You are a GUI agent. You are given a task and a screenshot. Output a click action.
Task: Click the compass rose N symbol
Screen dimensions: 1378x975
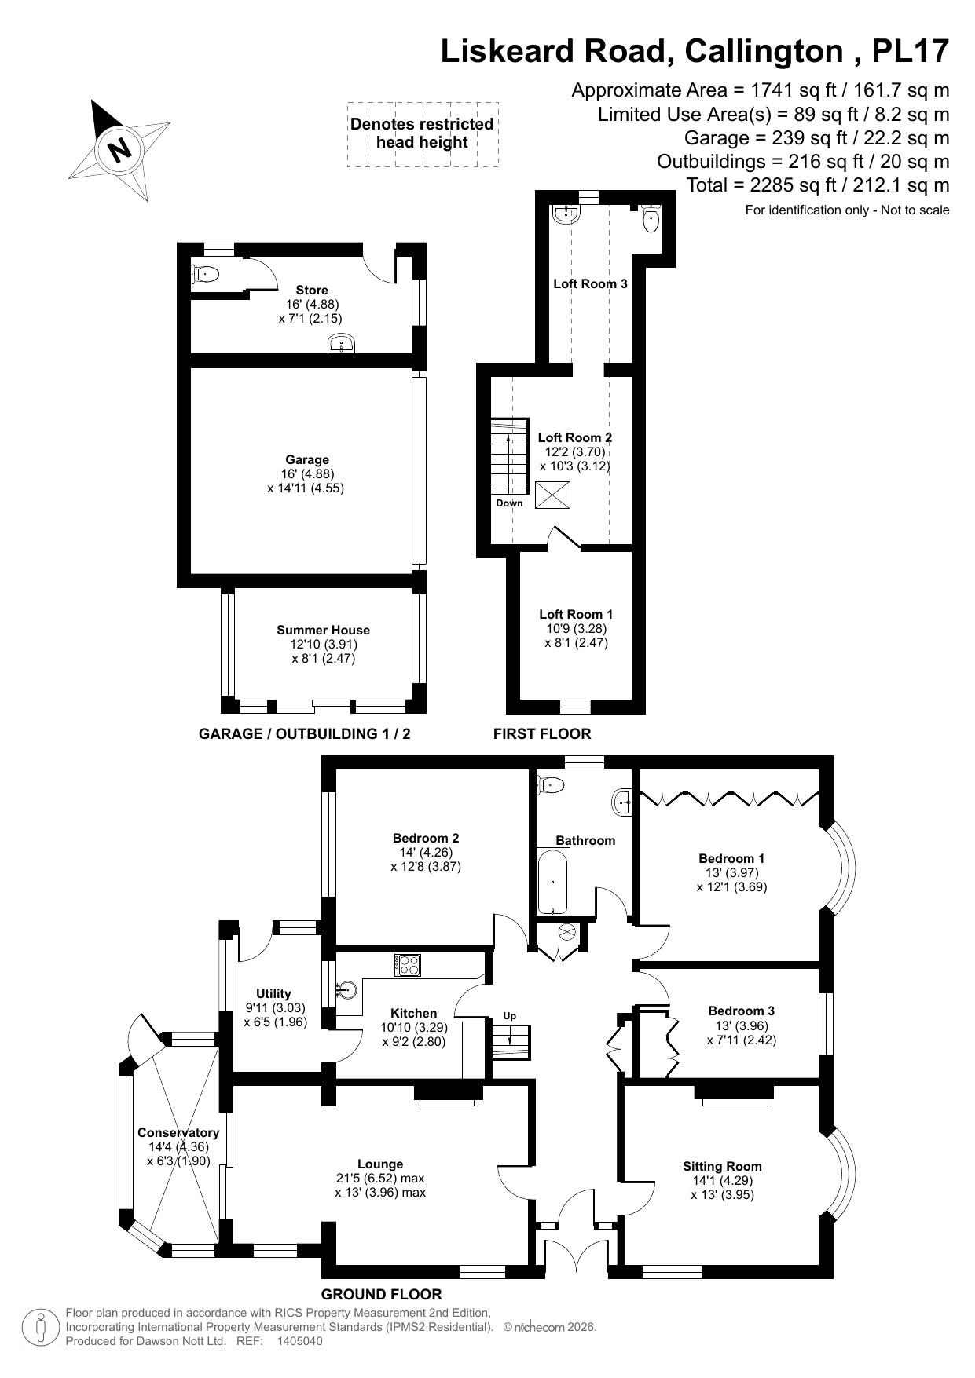click(119, 148)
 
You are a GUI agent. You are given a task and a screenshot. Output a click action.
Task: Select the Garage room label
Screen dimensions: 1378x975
click(307, 459)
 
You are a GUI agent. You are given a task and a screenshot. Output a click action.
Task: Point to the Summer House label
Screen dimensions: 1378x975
click(323, 630)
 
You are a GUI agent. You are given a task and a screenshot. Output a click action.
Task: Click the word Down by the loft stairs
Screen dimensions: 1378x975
click(509, 503)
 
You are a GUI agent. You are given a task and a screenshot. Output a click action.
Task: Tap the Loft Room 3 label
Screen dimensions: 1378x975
click(590, 283)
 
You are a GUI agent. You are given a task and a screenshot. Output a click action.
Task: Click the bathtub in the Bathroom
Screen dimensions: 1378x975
click(553, 880)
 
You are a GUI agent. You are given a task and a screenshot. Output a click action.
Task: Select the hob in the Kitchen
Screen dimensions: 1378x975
click(407, 964)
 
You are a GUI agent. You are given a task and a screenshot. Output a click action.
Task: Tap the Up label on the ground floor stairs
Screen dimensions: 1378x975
click(510, 1015)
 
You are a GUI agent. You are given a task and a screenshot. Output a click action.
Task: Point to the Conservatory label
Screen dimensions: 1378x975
click(178, 1132)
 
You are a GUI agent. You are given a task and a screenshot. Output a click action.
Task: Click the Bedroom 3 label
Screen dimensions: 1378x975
click(741, 1011)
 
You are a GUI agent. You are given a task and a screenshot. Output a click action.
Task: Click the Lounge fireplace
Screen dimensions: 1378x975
click(448, 1093)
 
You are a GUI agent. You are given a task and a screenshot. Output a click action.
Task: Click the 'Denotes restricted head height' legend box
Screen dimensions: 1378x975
click(422, 133)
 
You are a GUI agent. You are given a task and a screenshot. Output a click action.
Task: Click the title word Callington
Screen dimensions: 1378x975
click(763, 51)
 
